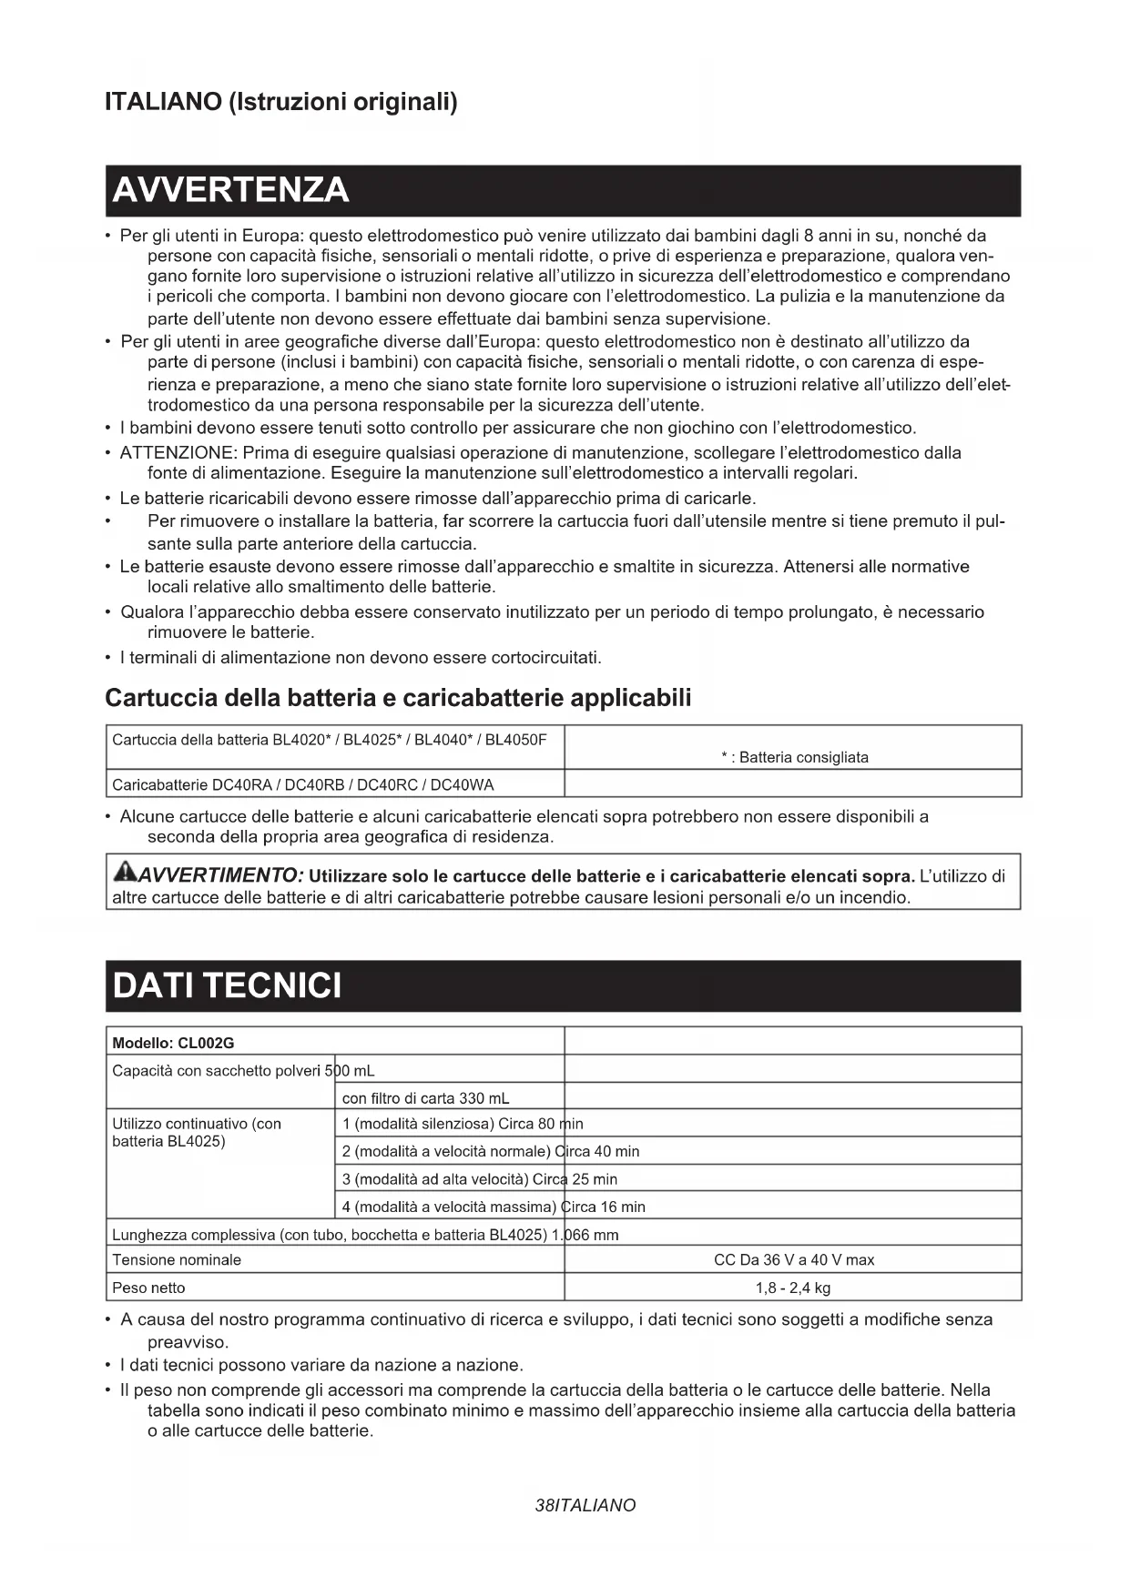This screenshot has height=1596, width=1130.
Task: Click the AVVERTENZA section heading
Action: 230,190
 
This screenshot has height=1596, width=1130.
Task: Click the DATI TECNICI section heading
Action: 227,985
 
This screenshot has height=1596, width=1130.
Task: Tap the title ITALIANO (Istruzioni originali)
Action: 281,101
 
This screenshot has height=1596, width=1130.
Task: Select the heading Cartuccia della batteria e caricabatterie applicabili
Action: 398,698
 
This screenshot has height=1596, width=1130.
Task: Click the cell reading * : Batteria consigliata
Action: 794,757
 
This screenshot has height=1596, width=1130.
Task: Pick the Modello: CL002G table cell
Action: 173,1043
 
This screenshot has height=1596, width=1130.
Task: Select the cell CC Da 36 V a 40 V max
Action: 793,1260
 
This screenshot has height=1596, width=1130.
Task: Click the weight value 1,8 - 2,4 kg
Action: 793,1288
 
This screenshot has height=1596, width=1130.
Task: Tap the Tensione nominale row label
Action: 177,1260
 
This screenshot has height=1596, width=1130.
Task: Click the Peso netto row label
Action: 148,1288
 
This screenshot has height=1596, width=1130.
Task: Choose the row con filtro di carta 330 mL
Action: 425,1098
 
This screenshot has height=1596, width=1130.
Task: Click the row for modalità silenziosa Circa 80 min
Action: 463,1124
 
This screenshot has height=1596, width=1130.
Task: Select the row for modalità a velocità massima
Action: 494,1207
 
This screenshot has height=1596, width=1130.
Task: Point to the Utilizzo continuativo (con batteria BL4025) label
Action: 197,1133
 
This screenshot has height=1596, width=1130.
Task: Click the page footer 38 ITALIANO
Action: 585,1505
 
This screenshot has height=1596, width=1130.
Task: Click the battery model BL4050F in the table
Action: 516,739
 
